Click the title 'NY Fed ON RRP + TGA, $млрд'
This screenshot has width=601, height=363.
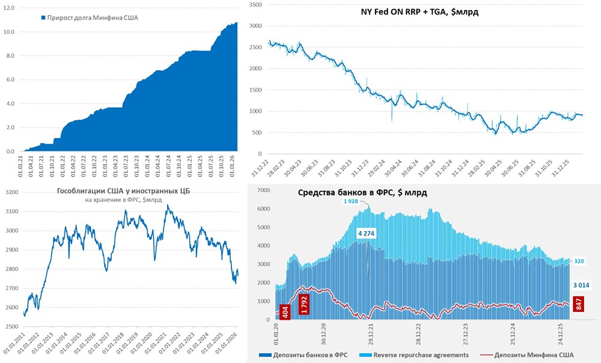tap(419, 11)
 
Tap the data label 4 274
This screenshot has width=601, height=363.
tap(367, 233)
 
